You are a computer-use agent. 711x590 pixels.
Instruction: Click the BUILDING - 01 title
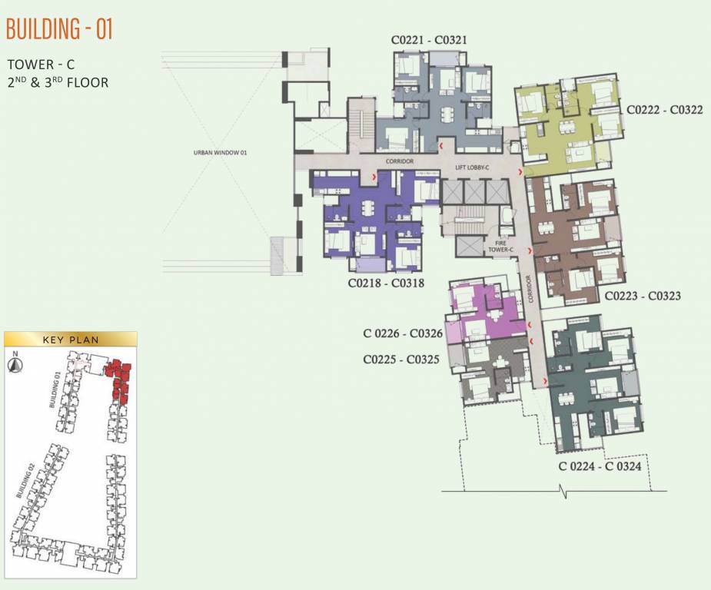[x=60, y=30]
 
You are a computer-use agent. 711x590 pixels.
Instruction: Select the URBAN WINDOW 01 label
[x=220, y=153]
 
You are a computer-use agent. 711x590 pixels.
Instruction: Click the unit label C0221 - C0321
[x=430, y=40]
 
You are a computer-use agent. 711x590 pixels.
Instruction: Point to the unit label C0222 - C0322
[x=664, y=110]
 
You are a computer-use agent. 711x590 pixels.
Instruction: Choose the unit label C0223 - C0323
[x=642, y=295]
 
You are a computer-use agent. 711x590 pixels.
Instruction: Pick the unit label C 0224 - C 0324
[x=600, y=466]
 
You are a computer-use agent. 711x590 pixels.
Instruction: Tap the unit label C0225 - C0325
[x=401, y=359]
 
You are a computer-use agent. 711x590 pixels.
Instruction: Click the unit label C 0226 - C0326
[x=403, y=333]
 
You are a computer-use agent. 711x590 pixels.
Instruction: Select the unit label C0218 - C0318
[x=386, y=283]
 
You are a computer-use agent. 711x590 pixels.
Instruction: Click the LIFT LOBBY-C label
[x=472, y=167]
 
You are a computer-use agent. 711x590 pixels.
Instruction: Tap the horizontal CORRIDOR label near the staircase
[x=400, y=161]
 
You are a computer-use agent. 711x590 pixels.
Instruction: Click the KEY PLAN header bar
[x=71, y=339]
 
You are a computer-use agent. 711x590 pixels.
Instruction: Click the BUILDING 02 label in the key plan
[x=25, y=482]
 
